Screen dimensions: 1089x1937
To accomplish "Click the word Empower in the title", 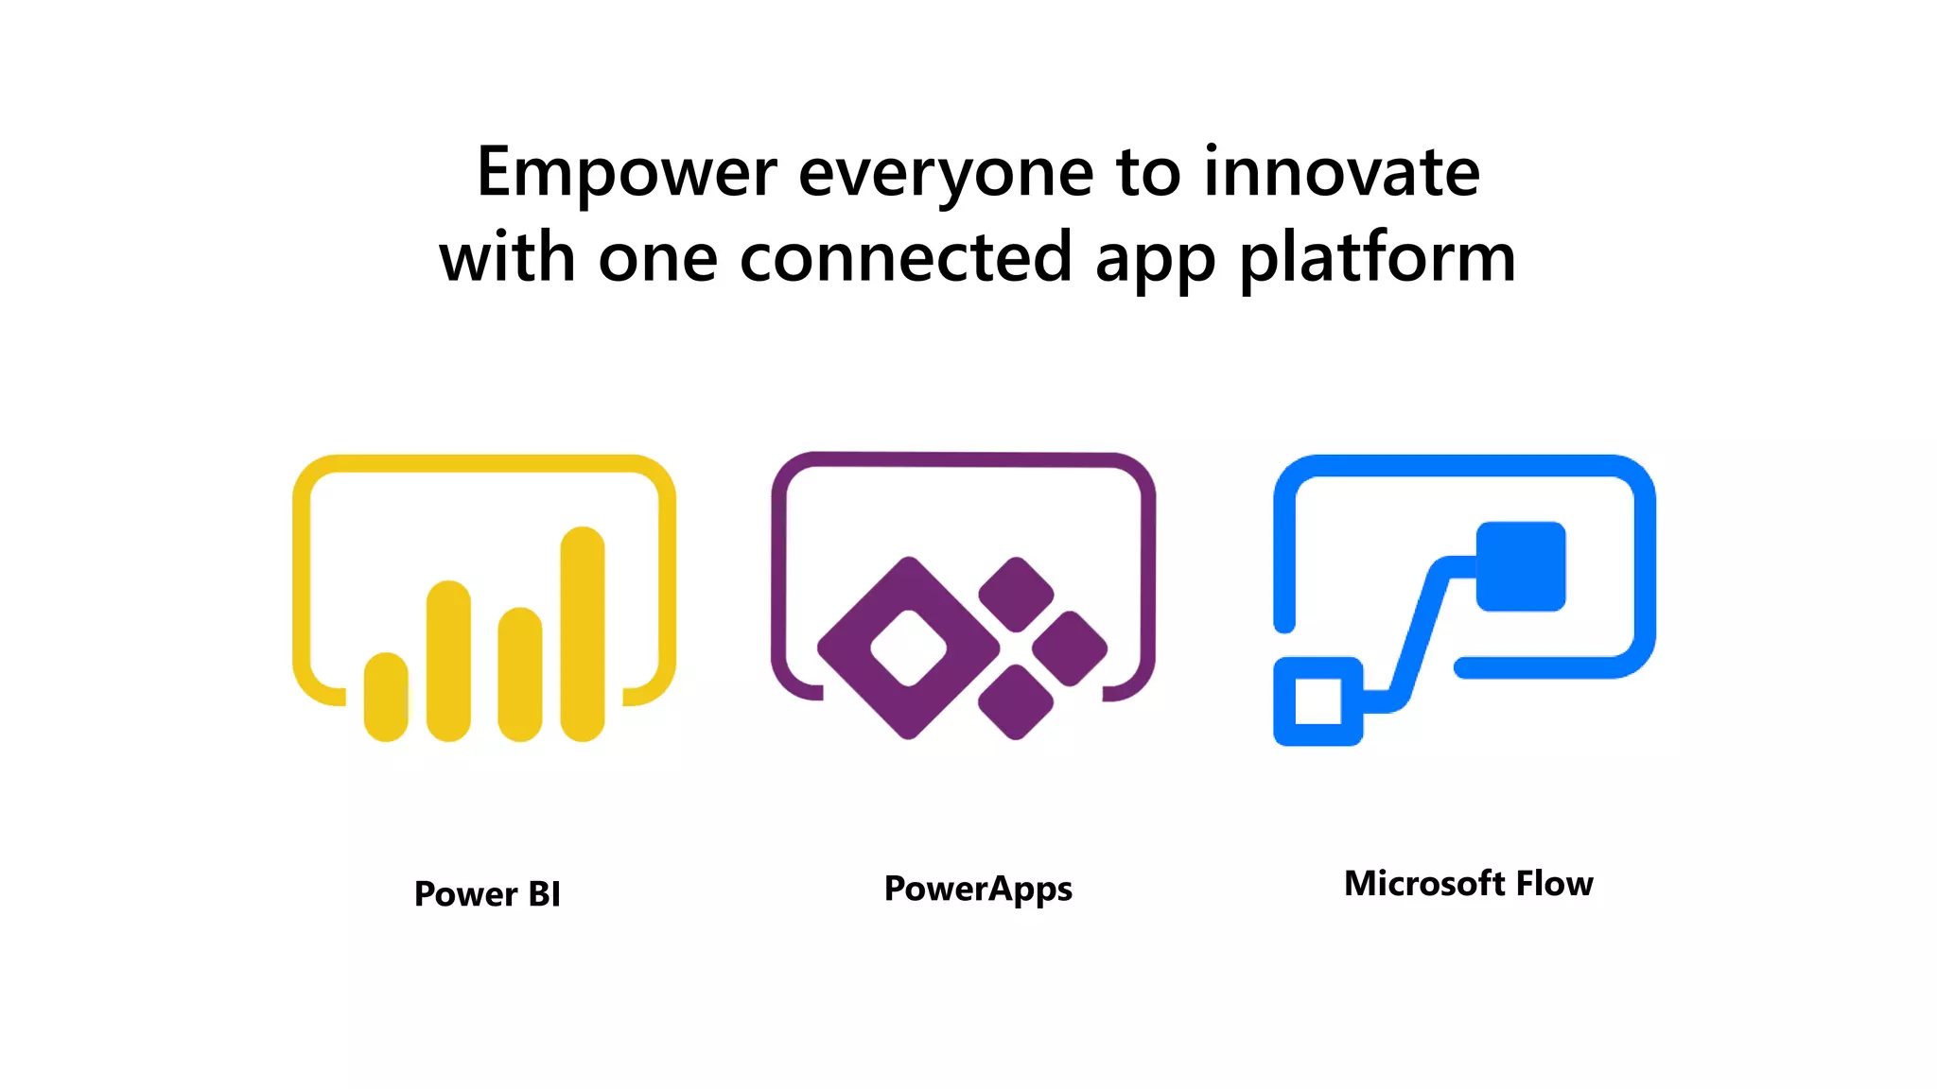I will [x=626, y=174].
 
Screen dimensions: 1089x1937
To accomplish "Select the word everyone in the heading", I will [x=946, y=176].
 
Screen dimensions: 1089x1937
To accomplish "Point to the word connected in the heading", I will [x=905, y=257].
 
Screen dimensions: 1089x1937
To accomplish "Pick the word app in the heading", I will [x=1154, y=261].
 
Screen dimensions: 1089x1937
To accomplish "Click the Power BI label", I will [x=487, y=893].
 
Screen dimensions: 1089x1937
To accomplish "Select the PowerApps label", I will [x=978, y=889].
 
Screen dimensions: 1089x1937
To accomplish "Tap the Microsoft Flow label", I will [x=1468, y=884].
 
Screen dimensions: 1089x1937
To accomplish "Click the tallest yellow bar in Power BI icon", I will [x=583, y=633].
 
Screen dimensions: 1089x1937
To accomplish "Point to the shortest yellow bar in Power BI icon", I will [x=386, y=697].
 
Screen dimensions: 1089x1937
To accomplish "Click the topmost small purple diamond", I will [x=1016, y=595].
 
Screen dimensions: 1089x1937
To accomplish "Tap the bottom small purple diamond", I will [x=1016, y=701].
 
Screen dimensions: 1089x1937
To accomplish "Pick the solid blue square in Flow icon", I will [x=1521, y=566].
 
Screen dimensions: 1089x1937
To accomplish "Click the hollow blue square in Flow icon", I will [x=1318, y=701].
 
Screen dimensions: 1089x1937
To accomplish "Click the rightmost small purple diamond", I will [x=1070, y=648].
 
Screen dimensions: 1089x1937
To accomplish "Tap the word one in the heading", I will [x=657, y=258].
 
